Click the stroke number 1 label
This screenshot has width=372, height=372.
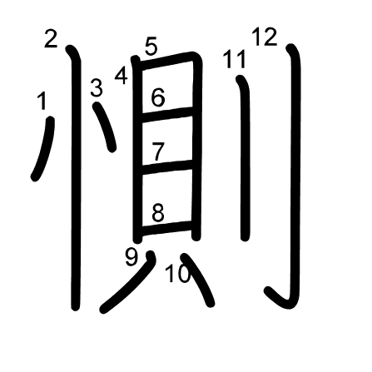pyautogui.click(x=42, y=101)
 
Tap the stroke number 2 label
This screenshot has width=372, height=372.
pyautogui.click(x=51, y=39)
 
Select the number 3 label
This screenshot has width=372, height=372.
pyautogui.click(x=97, y=88)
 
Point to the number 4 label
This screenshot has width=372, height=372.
pyautogui.click(x=122, y=76)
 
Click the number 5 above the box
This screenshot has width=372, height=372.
pyautogui.click(x=151, y=46)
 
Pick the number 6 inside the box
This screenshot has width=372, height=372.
pyautogui.click(x=158, y=97)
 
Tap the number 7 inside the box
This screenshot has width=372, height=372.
pyautogui.click(x=158, y=151)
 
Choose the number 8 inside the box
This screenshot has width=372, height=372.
pyautogui.click(x=158, y=213)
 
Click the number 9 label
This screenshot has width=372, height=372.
pyautogui.click(x=131, y=256)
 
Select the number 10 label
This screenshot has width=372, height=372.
pyautogui.click(x=178, y=273)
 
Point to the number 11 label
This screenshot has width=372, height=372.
pyautogui.click(x=235, y=59)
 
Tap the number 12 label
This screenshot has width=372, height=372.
pyautogui.click(x=265, y=37)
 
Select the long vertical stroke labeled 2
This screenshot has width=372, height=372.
pyautogui.click(x=76, y=177)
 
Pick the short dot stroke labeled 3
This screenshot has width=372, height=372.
pyautogui.click(x=106, y=126)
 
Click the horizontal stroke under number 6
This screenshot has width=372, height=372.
pyautogui.click(x=166, y=114)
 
